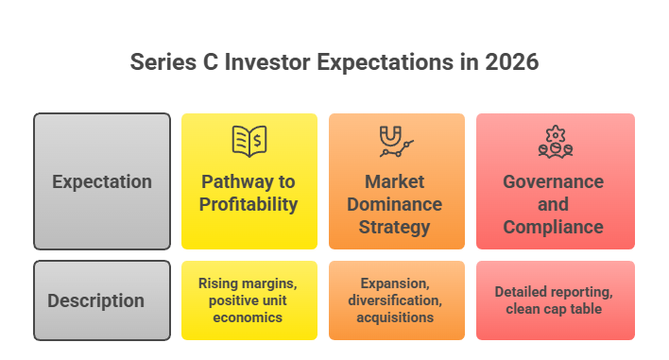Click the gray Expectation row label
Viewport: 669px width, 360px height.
101,181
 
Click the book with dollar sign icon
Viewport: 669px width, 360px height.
249,141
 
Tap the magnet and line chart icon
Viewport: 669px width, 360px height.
396,141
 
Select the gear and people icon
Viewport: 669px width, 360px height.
555,141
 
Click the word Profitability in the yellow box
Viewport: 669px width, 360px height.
249,204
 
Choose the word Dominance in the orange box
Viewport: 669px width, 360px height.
396,204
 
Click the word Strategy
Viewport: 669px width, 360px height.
396,227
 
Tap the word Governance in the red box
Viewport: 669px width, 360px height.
554,181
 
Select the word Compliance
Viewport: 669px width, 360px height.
554,227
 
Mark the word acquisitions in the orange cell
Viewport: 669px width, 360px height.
396,318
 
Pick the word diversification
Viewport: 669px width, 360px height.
396,300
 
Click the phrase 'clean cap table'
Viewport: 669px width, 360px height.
555,310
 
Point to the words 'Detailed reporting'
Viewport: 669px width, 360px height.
555,292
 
